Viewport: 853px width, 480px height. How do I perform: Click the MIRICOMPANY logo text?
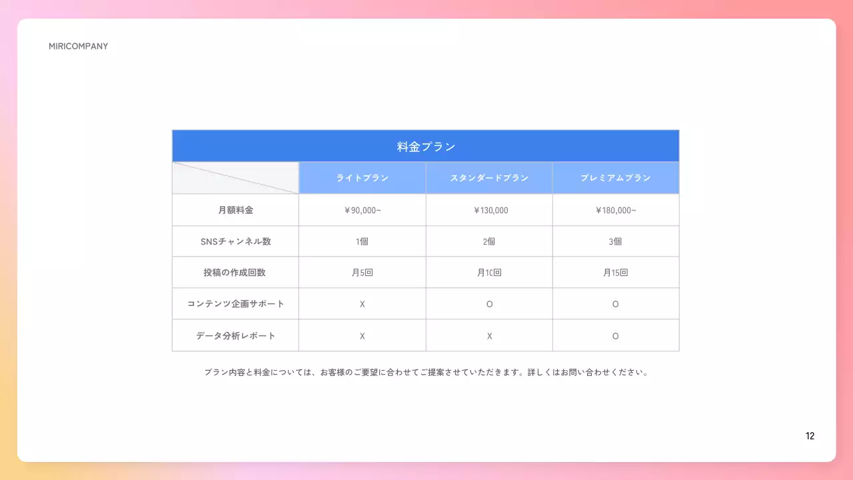(x=78, y=47)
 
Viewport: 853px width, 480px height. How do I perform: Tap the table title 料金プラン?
(x=426, y=147)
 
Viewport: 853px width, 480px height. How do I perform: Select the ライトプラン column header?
(x=362, y=178)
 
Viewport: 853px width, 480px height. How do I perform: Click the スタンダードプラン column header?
(x=489, y=178)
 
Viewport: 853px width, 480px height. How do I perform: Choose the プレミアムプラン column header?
(x=615, y=178)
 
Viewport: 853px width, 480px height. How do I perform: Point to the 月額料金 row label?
(x=235, y=210)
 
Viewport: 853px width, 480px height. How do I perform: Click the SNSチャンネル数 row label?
(x=235, y=241)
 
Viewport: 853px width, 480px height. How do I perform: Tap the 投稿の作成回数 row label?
(x=235, y=273)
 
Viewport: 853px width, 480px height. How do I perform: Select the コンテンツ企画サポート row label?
(x=235, y=304)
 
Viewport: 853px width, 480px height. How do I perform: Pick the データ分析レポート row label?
(x=235, y=335)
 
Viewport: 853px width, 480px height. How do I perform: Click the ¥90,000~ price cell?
(x=362, y=210)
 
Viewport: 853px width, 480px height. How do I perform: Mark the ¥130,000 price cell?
(x=489, y=210)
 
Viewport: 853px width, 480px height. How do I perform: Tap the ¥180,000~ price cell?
(x=615, y=210)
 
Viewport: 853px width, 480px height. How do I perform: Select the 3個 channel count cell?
(x=615, y=241)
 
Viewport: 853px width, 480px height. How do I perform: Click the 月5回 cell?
(x=362, y=273)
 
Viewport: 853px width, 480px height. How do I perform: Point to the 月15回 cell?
(x=615, y=273)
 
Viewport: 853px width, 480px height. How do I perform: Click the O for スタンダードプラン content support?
(x=489, y=304)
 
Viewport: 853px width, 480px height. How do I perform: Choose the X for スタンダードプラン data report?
(x=489, y=335)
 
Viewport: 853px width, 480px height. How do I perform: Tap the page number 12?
(x=810, y=436)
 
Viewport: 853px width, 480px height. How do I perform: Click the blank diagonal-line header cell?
(x=235, y=178)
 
